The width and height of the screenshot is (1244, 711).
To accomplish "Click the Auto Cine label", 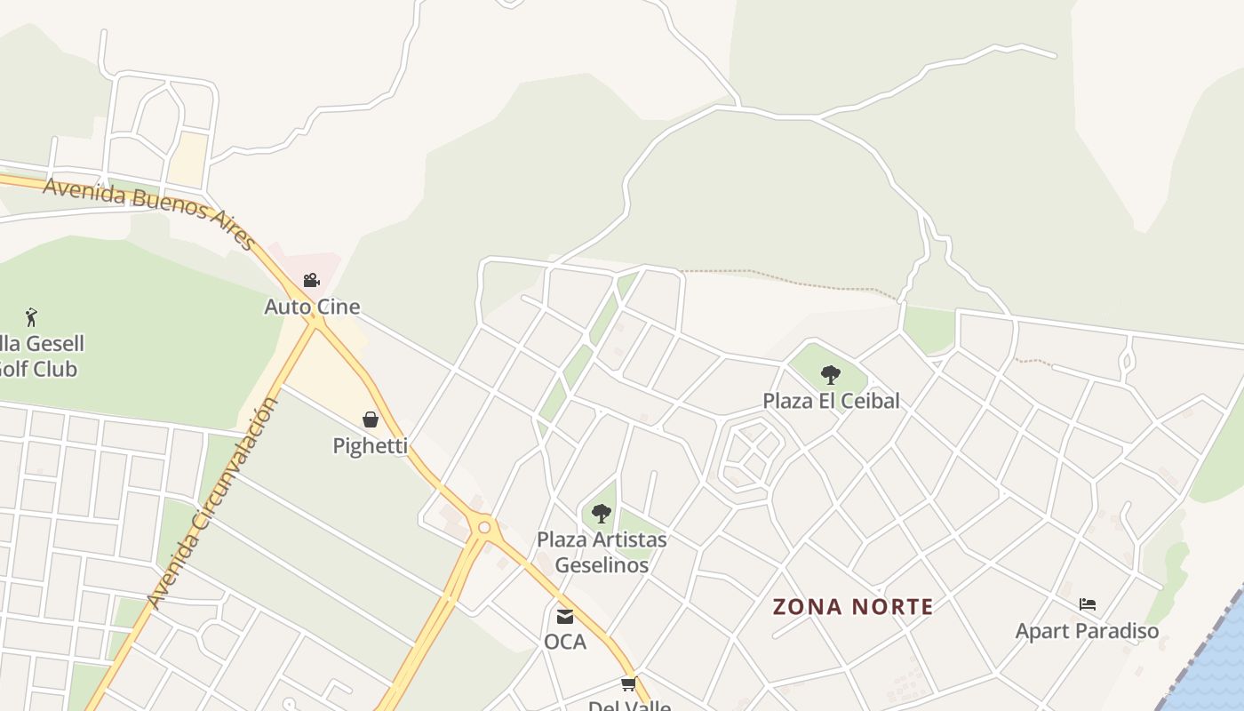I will [312, 308].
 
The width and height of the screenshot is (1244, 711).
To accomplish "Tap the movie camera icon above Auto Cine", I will [311, 281].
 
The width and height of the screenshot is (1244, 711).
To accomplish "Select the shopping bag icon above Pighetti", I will [371, 419].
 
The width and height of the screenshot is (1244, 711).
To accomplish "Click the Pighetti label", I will [371, 445].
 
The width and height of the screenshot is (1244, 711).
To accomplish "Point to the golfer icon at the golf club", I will [32, 316].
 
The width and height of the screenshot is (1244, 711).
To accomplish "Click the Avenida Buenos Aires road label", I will [149, 211].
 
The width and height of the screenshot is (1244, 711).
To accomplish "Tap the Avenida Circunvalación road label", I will [213, 502].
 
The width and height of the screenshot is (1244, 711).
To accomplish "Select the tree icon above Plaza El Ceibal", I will [831, 375].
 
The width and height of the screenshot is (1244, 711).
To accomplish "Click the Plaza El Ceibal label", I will [831, 401].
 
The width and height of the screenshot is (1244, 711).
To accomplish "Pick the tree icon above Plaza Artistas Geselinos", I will [602, 513].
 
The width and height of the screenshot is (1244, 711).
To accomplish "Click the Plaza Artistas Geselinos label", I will [602, 552].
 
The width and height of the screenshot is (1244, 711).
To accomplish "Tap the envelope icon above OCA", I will [565, 616].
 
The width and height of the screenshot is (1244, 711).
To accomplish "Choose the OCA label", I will [565, 641].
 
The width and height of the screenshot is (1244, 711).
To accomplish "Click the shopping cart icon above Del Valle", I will [629, 684].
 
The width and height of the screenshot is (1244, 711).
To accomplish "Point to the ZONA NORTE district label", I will [853, 607].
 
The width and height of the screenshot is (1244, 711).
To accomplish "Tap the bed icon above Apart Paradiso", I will [1088, 605].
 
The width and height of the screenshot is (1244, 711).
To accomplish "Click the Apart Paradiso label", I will [1088, 631].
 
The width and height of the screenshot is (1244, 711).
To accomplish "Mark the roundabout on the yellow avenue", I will [484, 528].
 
